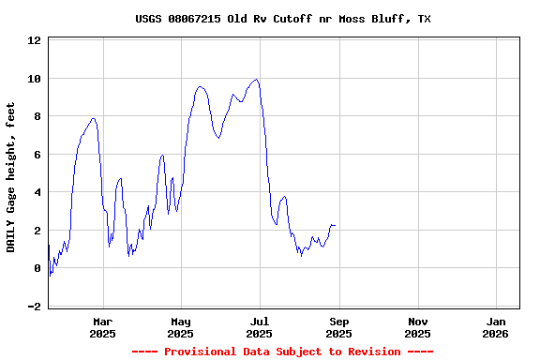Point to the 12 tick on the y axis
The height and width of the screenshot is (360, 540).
tap(34, 40)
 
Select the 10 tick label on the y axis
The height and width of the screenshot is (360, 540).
tap(34, 79)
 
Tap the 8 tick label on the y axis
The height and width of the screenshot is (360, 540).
tap(37, 116)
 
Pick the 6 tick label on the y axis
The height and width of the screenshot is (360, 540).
tap(37, 155)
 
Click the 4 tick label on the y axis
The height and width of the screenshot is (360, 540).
tap(37, 192)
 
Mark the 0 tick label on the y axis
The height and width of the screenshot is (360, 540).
tap(37, 268)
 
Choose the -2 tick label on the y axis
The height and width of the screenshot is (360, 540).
tap(34, 307)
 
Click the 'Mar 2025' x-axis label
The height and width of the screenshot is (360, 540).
tap(102, 327)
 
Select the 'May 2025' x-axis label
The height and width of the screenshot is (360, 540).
tap(181, 327)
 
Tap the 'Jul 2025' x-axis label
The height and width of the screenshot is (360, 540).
tap(260, 327)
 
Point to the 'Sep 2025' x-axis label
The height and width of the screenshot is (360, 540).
tap(339, 327)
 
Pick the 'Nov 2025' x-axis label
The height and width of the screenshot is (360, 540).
tap(418, 327)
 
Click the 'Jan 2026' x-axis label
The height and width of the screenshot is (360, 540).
tap(496, 327)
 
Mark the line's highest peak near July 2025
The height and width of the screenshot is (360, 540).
tap(256, 80)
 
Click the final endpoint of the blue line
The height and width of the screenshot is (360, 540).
tap(335, 225)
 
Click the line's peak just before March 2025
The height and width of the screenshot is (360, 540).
tap(93, 119)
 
